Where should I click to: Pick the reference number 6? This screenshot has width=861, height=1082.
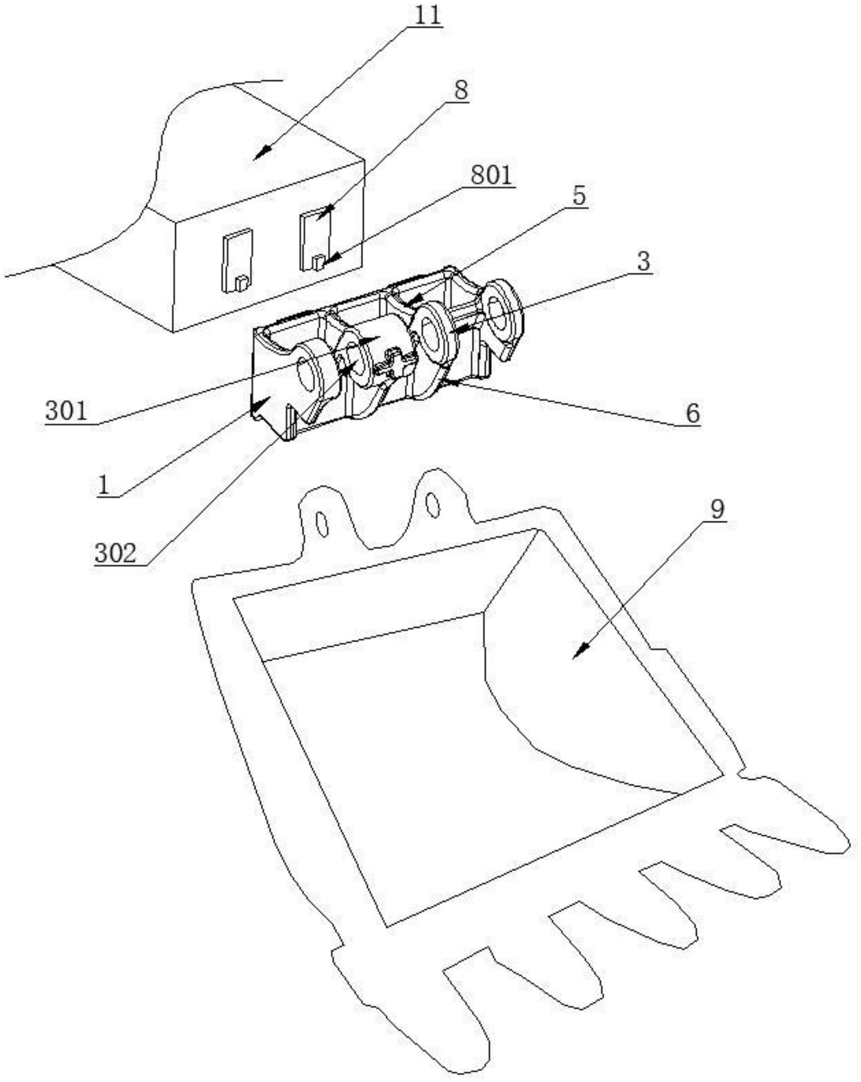692,414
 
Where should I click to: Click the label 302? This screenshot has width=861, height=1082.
115,554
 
